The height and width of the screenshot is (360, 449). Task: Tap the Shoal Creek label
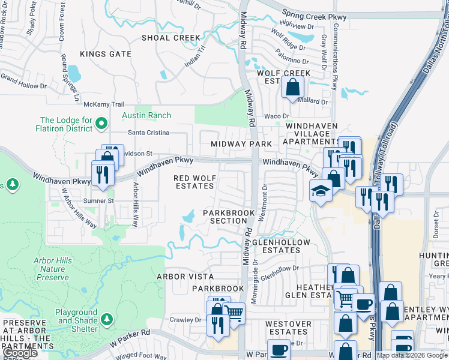click(170, 38)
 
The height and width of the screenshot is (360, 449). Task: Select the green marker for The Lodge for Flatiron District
click(101, 124)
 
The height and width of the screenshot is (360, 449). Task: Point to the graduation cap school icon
click(321, 192)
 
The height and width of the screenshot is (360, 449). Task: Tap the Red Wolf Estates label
click(193, 182)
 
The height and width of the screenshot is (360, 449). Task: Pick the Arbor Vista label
click(185, 277)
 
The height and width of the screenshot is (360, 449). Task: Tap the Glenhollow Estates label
click(281, 246)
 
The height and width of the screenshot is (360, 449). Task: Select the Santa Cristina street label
click(148, 132)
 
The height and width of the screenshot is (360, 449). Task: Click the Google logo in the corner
click(20, 353)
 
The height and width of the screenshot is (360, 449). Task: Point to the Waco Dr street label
click(277, 116)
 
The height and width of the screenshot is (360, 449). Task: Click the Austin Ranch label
click(146, 115)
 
